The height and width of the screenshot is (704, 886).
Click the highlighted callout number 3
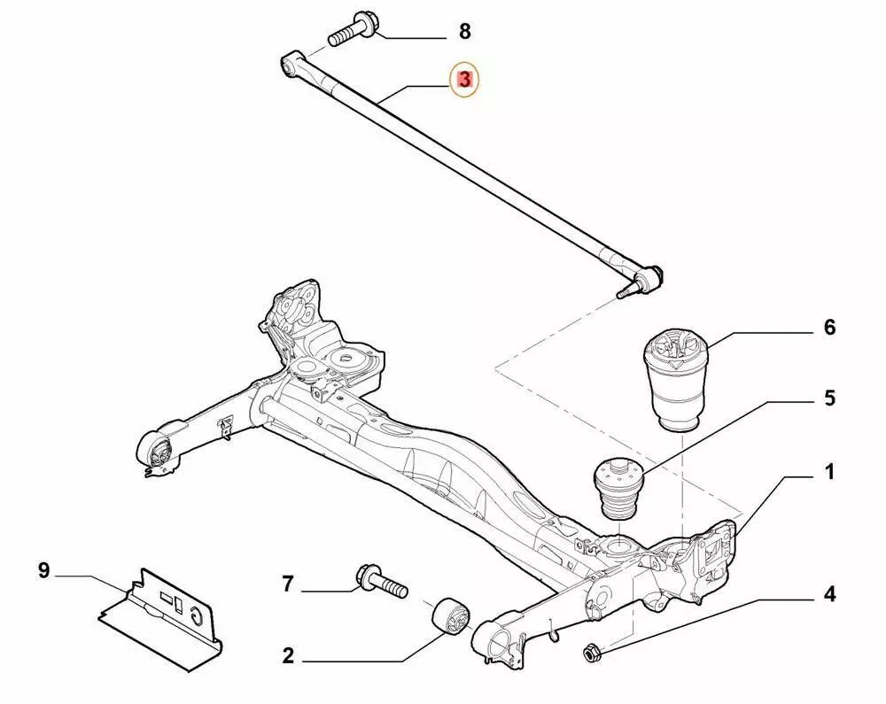coord(464,81)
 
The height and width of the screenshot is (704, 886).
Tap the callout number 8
coord(464,32)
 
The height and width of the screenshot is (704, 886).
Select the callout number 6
coord(829,328)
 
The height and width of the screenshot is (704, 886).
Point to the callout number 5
coord(829,398)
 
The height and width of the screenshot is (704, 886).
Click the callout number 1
coord(829,472)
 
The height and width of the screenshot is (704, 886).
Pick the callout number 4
coord(829,594)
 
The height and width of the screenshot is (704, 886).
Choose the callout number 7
coord(288,584)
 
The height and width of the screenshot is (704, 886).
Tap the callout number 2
coord(288,656)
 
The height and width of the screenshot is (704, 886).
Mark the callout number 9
coord(44,571)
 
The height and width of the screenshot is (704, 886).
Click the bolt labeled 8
coord(354,30)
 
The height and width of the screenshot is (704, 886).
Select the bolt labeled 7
coord(382,582)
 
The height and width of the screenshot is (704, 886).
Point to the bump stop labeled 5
coord(618,489)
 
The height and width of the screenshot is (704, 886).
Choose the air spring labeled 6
coord(673,383)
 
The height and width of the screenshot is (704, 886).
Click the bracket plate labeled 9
coord(160,620)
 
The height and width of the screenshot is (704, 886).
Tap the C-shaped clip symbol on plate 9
coord(196,615)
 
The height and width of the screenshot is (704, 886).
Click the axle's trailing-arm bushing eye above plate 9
coord(159,451)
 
